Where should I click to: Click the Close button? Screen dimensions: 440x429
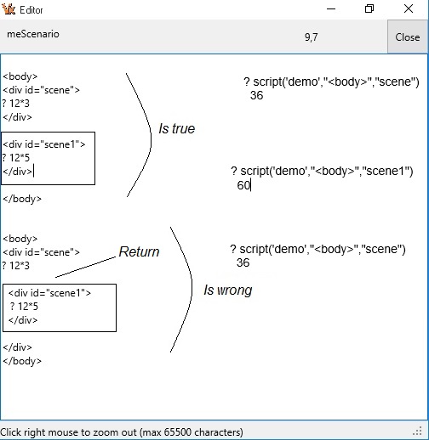point(408,37)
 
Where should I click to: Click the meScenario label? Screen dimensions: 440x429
point(33,35)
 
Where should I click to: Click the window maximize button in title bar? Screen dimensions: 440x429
point(369,9)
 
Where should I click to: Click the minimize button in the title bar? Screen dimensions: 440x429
point(329,9)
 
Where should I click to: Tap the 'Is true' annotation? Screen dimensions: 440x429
point(176,129)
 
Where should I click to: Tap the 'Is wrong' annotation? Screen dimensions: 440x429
point(227,291)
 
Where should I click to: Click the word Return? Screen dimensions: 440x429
point(139,252)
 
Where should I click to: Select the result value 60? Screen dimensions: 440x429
point(243,185)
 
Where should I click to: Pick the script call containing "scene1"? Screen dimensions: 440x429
point(322,172)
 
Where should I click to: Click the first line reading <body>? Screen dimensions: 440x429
point(20,76)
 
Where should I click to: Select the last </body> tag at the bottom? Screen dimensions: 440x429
point(22,361)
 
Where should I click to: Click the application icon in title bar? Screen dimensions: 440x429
point(10,9)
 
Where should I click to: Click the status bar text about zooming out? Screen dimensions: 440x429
point(122,432)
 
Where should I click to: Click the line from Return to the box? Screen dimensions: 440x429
point(85,268)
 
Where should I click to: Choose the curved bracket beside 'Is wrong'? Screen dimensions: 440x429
point(185,289)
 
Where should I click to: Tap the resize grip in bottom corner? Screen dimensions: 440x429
point(420,432)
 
